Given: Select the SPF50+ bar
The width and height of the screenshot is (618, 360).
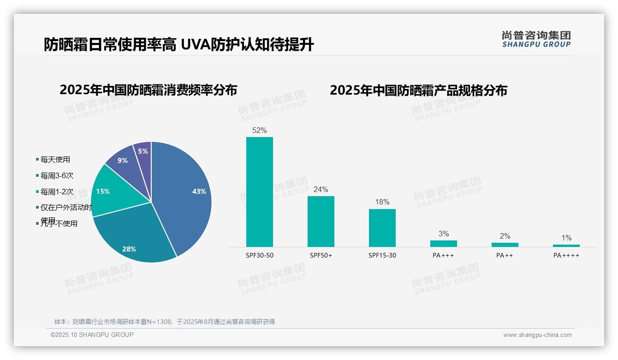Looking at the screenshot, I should click(321, 222).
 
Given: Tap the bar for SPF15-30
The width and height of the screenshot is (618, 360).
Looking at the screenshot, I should click(382, 228).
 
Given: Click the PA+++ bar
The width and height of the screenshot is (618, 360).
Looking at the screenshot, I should click(443, 244).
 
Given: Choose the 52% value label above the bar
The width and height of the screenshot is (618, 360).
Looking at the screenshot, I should click(259, 131).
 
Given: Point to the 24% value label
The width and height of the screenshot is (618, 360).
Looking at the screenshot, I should click(321, 190).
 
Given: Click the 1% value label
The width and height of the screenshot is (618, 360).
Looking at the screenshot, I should click(566, 238).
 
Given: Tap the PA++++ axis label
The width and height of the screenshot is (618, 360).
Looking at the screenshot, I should click(566, 256).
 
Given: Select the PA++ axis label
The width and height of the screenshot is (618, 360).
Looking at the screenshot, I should click(505, 256).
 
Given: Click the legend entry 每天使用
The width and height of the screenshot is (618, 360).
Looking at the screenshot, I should click(55, 160).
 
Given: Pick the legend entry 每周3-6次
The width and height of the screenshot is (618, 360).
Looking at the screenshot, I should click(57, 176).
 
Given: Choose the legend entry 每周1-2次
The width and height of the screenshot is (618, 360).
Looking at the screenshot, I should click(57, 192).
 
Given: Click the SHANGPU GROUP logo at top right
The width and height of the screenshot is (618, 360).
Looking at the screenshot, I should click(536, 39).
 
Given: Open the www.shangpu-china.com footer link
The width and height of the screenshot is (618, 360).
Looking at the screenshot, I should click(537, 335).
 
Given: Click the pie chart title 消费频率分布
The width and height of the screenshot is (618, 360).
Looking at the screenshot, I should click(148, 90).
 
